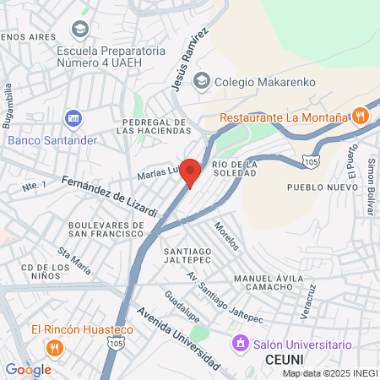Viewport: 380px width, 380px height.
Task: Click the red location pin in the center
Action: (191, 171)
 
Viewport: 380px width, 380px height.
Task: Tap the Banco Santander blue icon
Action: (73, 118)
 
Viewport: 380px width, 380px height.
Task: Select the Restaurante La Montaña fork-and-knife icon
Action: (360, 117)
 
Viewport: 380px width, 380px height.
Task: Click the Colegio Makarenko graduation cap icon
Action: (201, 81)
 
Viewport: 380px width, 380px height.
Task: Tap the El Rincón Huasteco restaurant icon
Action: (54, 346)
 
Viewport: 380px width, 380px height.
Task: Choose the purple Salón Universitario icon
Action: (240, 345)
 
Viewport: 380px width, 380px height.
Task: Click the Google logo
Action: (28, 369)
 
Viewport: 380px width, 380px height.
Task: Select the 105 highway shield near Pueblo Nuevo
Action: (312, 160)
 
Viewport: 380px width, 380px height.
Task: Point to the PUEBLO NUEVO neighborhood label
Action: (316, 187)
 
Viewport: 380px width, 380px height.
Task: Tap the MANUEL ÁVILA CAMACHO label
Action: (267, 285)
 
